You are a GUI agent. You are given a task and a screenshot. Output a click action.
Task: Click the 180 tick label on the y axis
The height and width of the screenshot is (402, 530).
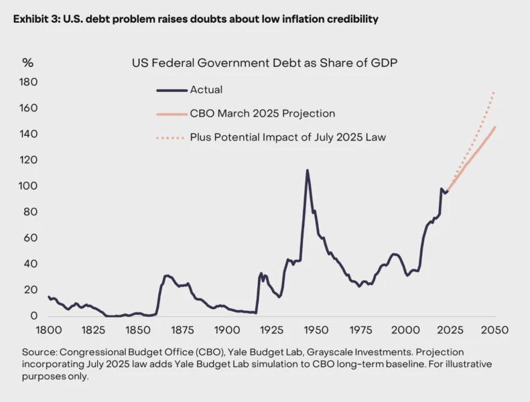(29, 82)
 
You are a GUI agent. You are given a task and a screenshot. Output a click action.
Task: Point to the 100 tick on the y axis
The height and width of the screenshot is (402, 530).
(29, 186)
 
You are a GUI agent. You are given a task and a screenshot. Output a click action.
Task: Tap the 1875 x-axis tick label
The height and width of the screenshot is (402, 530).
(182, 330)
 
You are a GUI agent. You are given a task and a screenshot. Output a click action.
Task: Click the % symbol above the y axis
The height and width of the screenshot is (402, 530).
(27, 63)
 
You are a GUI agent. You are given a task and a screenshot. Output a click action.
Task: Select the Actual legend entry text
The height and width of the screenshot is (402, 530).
(206, 90)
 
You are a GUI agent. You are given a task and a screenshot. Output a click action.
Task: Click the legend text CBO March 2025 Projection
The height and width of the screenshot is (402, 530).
(262, 114)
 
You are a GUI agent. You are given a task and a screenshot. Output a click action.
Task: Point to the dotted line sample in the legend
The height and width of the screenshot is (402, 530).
(170, 138)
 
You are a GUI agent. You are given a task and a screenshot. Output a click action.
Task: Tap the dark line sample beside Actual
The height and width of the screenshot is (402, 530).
(170, 90)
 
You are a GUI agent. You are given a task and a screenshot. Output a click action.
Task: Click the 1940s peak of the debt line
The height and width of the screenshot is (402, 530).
(307, 170)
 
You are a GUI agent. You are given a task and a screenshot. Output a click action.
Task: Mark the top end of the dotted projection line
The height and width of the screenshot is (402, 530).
(494, 92)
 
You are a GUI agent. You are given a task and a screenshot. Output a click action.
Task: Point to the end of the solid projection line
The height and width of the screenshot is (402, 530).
(495, 127)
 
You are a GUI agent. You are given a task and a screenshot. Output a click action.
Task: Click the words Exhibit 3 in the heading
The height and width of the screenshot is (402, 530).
(34, 19)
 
